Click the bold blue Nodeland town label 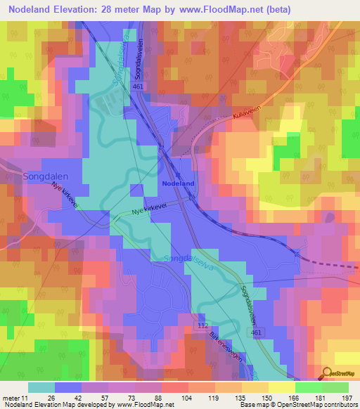pos(178,183)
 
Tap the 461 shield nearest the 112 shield pos(259,331)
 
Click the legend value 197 pos(348,398)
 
